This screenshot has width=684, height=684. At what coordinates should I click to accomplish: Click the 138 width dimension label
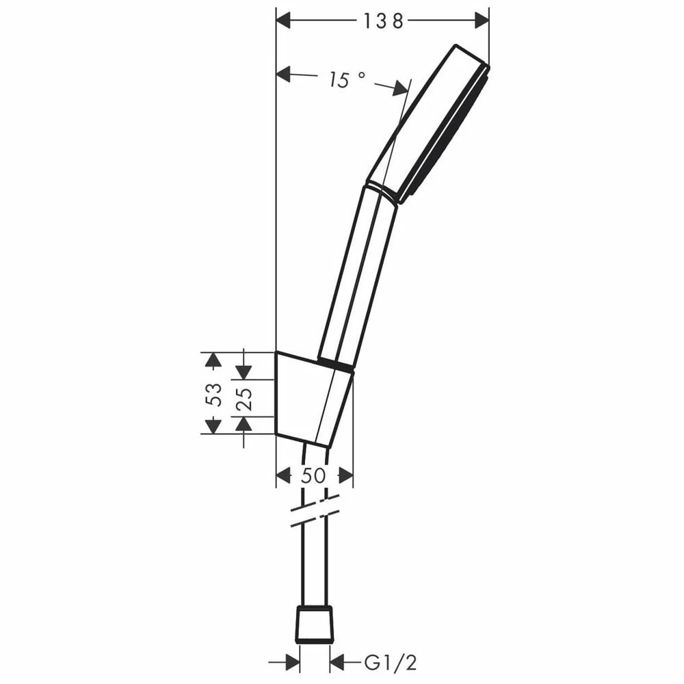383,21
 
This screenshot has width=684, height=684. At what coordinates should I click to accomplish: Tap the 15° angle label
347,80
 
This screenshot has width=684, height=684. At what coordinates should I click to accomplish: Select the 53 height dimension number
215,394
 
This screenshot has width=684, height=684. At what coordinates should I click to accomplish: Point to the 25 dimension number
244,398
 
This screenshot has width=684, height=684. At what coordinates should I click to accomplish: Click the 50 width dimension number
313,475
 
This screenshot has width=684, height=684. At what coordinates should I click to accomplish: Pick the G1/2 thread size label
391,662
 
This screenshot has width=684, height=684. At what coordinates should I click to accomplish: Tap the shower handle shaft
358,274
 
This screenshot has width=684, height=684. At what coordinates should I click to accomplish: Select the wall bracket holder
311,397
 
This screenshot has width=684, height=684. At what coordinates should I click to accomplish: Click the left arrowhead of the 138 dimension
284,21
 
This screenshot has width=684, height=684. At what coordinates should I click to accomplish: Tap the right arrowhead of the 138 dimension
482,21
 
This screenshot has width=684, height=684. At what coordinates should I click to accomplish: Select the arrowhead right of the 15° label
400,88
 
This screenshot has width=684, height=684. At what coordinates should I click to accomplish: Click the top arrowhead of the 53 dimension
213,360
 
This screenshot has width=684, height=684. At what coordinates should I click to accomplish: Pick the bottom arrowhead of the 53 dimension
213,426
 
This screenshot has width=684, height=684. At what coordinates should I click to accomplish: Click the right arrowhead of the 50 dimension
345,475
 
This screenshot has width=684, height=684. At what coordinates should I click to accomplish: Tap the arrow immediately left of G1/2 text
339,662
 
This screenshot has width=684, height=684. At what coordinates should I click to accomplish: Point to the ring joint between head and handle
382,192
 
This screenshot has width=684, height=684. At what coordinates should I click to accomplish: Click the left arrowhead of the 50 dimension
284,475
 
